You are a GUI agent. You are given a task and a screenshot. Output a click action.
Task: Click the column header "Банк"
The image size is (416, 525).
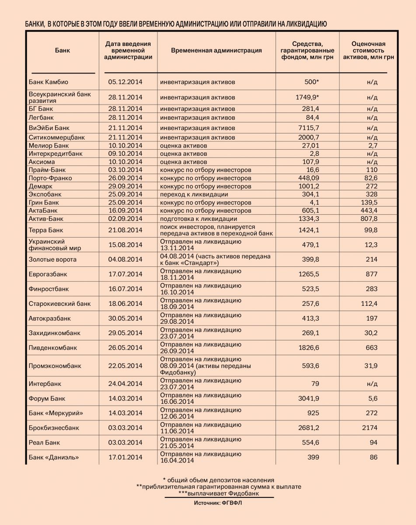click(63, 50)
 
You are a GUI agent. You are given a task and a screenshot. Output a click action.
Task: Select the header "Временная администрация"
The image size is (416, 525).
click(217, 50)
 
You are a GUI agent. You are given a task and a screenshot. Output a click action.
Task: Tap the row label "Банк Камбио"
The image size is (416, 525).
click(49, 82)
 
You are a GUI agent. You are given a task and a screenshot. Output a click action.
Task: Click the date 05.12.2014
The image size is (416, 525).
click(126, 82)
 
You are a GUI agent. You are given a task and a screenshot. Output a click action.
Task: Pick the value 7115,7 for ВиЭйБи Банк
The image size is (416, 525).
click(308, 128)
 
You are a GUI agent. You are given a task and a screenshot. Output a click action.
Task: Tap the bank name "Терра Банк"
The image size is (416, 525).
click(45, 230)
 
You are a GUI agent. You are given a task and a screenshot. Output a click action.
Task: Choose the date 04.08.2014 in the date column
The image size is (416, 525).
click(126, 259)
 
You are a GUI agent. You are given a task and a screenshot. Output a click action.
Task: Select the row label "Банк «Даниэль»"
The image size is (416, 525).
click(54, 458)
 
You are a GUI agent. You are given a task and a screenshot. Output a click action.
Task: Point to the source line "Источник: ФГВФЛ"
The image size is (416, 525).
click(218, 503)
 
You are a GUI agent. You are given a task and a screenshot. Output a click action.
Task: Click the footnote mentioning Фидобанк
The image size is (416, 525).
click(219, 493)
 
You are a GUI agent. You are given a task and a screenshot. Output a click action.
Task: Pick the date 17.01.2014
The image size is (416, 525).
click(126, 458)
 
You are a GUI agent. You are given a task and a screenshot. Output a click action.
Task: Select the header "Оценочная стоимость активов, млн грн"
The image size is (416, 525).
click(368, 50)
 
